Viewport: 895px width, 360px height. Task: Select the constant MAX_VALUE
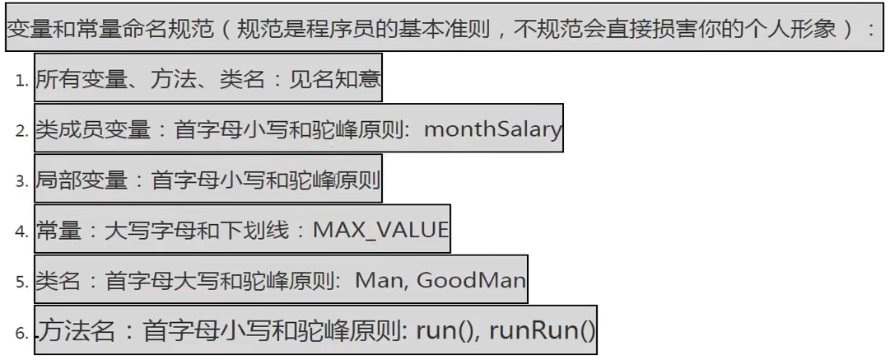click(380, 230)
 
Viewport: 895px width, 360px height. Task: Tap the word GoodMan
click(471, 280)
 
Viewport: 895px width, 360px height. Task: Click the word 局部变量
click(82, 180)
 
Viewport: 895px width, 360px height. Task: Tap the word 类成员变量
click(93, 129)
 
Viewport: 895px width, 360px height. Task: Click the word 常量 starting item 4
click(59, 230)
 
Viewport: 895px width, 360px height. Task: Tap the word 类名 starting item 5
click(58, 280)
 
